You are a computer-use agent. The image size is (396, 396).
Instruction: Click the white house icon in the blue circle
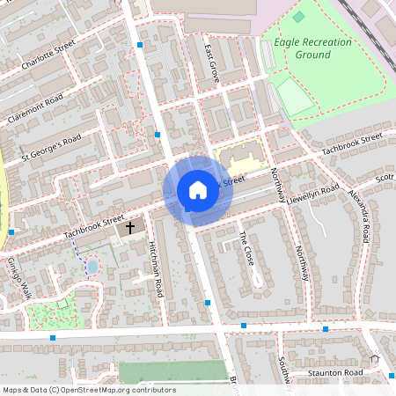[x=198, y=190]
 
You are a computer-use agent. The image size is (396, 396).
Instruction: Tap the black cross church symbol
[x=130, y=227]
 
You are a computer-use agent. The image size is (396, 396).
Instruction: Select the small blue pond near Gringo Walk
[x=92, y=266]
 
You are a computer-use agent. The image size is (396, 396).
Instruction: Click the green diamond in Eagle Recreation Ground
[x=298, y=17]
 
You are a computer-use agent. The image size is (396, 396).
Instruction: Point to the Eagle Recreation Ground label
[x=312, y=48]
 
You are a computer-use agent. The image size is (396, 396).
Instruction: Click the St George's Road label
[x=51, y=146]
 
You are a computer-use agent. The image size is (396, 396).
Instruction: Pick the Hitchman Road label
[x=157, y=268]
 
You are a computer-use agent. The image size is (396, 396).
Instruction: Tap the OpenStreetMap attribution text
[x=88, y=390]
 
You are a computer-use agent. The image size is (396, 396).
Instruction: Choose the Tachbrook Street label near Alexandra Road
[x=351, y=144]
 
